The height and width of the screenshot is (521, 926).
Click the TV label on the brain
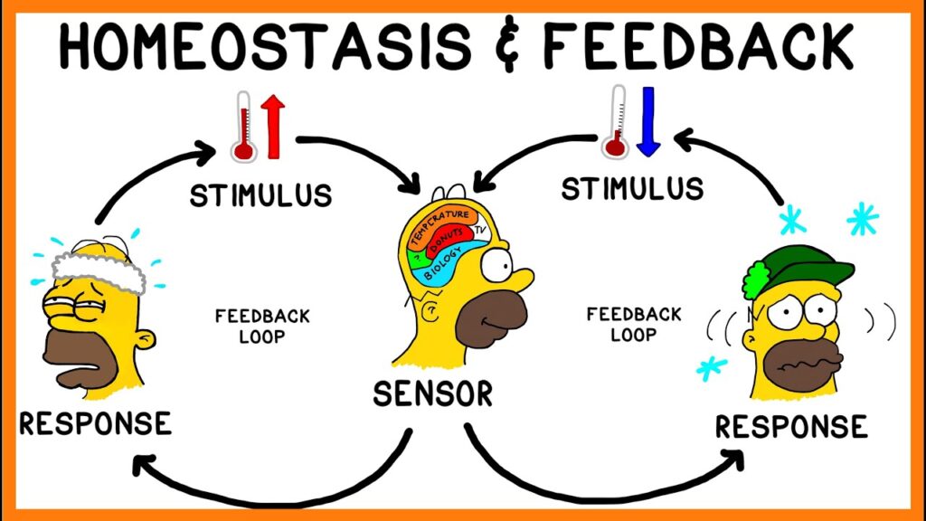(x=480, y=232)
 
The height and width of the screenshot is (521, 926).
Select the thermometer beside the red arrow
(x=242, y=126)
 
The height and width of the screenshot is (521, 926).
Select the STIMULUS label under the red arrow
(x=260, y=194)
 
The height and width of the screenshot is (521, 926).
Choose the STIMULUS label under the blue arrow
(x=631, y=189)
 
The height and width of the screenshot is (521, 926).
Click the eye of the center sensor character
(x=496, y=265)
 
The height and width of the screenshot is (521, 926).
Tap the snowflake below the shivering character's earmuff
(x=711, y=368)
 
